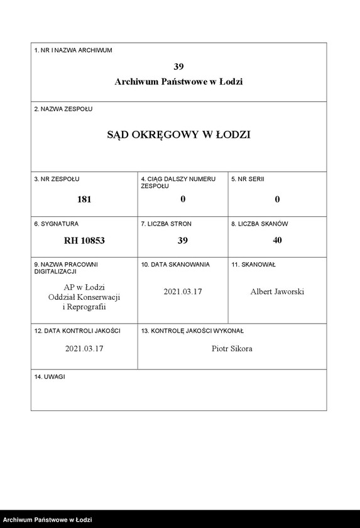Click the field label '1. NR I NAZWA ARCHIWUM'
click(73, 50)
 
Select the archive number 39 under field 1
click(178, 66)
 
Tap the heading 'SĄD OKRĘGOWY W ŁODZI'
click(178, 135)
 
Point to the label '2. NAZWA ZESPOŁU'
click(63, 109)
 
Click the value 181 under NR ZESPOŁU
click(84, 199)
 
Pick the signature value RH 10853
click(84, 240)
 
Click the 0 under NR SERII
click(277, 199)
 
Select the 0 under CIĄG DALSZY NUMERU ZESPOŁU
click(183, 199)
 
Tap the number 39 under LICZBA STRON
click(183, 240)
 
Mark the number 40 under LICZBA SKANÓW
click(277, 240)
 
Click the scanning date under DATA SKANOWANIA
click(183, 292)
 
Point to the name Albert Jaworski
click(277, 292)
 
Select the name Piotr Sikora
click(232, 349)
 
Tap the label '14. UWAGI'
click(50, 377)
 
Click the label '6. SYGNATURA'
click(57, 224)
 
